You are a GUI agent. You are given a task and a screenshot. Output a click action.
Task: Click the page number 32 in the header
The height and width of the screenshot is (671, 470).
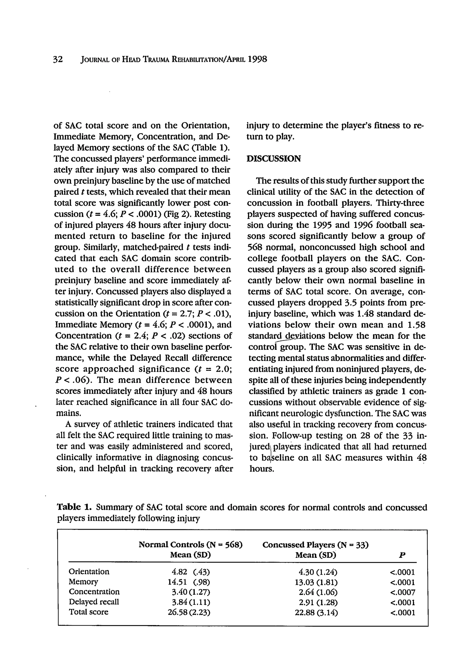tap(58, 60)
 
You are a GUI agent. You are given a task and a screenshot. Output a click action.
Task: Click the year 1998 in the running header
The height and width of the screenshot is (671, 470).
tap(257, 59)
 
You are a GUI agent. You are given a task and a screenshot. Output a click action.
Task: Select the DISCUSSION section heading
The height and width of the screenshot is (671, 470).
tap(274, 159)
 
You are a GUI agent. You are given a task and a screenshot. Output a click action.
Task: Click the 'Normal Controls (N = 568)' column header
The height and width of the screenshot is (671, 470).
tap(190, 544)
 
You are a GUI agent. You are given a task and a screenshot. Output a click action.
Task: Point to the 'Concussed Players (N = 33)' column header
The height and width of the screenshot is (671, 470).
tap(315, 545)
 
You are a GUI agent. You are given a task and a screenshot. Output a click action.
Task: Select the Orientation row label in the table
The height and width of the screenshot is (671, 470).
tap(89, 572)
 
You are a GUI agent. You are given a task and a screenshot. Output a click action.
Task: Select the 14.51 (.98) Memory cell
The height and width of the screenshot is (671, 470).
tap(189, 582)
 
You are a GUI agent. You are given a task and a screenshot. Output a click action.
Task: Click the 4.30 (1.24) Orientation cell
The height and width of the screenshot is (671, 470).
tap(316, 572)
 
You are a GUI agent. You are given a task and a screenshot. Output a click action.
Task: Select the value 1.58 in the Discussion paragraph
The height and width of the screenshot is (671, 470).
tap(415, 325)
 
